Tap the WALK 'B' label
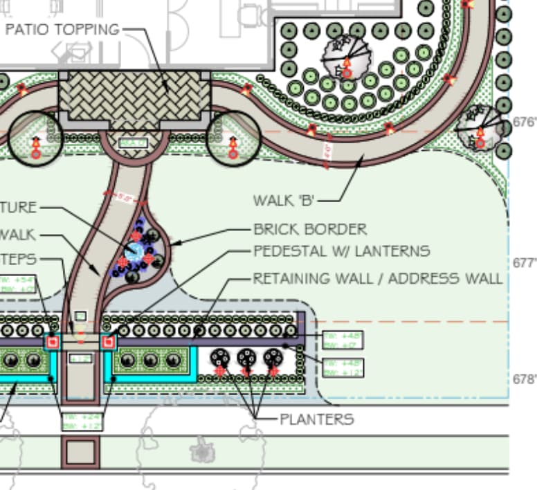284,201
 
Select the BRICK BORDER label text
310,229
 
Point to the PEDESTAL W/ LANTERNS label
341,251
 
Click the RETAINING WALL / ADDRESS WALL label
377,279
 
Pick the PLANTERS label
317,419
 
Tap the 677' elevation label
524,264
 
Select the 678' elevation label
524,379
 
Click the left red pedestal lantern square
51,343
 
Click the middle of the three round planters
247,359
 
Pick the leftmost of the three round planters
220,359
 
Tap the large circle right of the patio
234,136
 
